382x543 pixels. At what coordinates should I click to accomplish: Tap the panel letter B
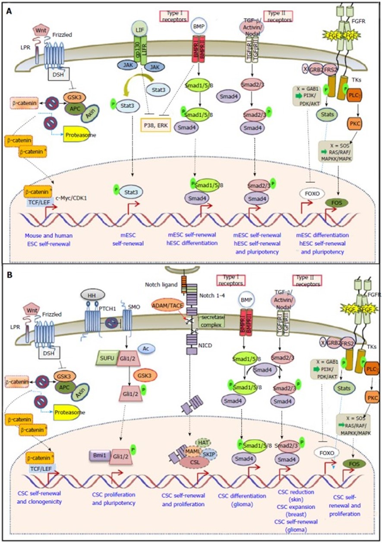pos(8,275)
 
